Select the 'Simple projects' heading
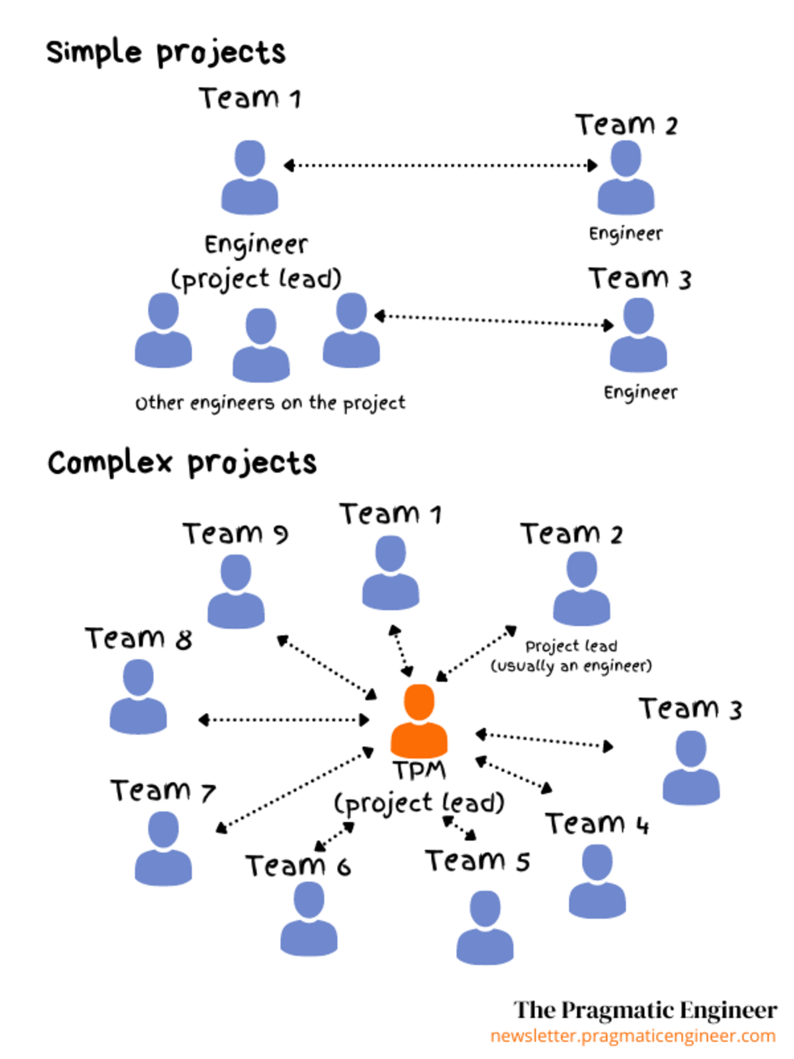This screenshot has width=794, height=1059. pos(166,53)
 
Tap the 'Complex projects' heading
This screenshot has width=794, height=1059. pos(182,463)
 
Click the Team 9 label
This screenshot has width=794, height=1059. pos(235,533)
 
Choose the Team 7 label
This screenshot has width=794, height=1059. pos(162,791)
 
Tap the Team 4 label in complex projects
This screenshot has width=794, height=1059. pos(597,824)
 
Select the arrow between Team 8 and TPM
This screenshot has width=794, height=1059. pos(284,720)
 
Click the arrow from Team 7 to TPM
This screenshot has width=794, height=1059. pos(295,789)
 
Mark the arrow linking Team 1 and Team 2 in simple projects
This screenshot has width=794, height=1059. pos(440,165)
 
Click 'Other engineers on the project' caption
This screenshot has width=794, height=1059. pos(270,403)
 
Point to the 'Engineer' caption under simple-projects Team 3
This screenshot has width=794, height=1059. pos(640,392)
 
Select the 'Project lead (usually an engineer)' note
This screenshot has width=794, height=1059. pos(571,656)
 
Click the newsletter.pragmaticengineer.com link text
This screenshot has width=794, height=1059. pos(633,1036)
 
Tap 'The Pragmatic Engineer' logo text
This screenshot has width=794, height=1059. pos(645,1010)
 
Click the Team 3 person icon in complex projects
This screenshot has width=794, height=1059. pos(691,768)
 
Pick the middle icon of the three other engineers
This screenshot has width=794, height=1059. pos(261,345)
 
